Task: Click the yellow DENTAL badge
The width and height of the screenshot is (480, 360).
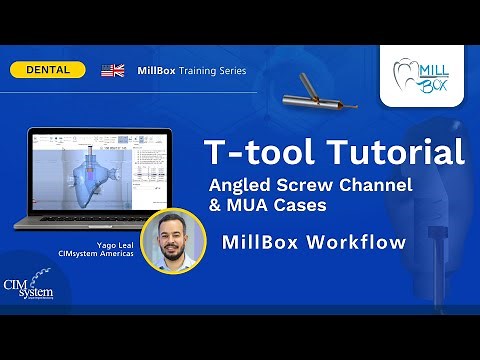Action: click(47, 70)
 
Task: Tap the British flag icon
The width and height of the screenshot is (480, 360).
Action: click(113, 70)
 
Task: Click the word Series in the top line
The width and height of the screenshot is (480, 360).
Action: click(232, 70)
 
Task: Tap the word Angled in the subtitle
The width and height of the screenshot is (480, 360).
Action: click(240, 185)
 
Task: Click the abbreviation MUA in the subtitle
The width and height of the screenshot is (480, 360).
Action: click(251, 206)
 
